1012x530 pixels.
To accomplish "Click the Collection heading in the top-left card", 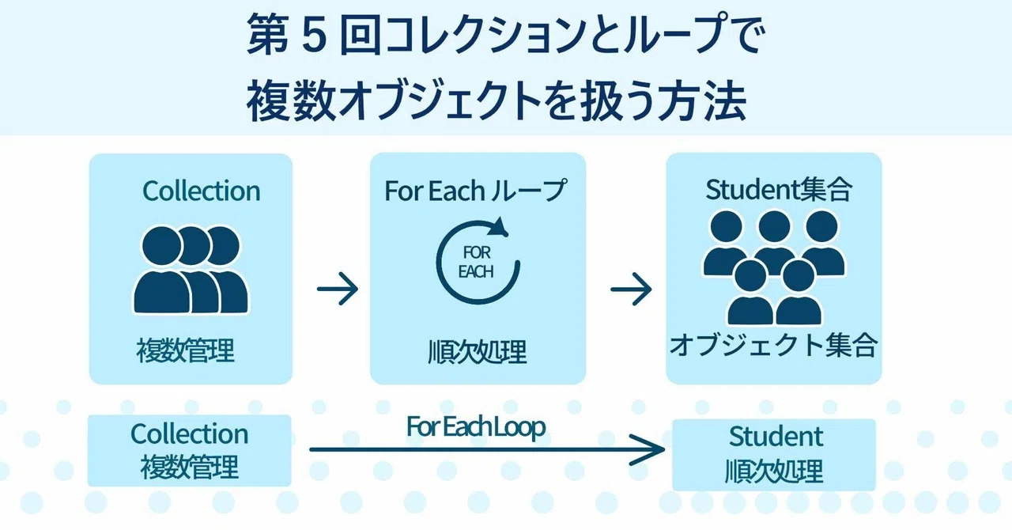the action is coord(202,191).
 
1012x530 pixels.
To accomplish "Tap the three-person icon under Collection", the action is coord(191,270).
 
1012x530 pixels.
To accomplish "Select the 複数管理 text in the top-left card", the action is coord(185,351).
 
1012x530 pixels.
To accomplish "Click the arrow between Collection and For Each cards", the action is coord(338,289).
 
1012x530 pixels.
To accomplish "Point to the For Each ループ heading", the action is coord(475,191).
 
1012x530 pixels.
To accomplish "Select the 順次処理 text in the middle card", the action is coord(478,352).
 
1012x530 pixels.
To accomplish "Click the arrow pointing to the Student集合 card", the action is coord(631,289).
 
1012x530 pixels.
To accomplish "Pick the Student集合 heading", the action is coord(780,190).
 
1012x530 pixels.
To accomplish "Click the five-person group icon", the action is coord(774,267).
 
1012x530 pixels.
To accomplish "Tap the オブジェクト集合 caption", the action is coord(773,345).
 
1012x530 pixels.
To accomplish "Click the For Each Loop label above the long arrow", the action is coord(476,426).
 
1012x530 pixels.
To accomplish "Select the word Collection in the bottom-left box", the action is coord(189,434).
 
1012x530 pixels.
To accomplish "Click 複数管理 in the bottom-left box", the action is coord(189,468).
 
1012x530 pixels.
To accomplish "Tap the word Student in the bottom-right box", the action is coord(776,437).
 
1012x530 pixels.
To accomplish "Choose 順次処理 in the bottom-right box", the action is coord(774,471).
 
